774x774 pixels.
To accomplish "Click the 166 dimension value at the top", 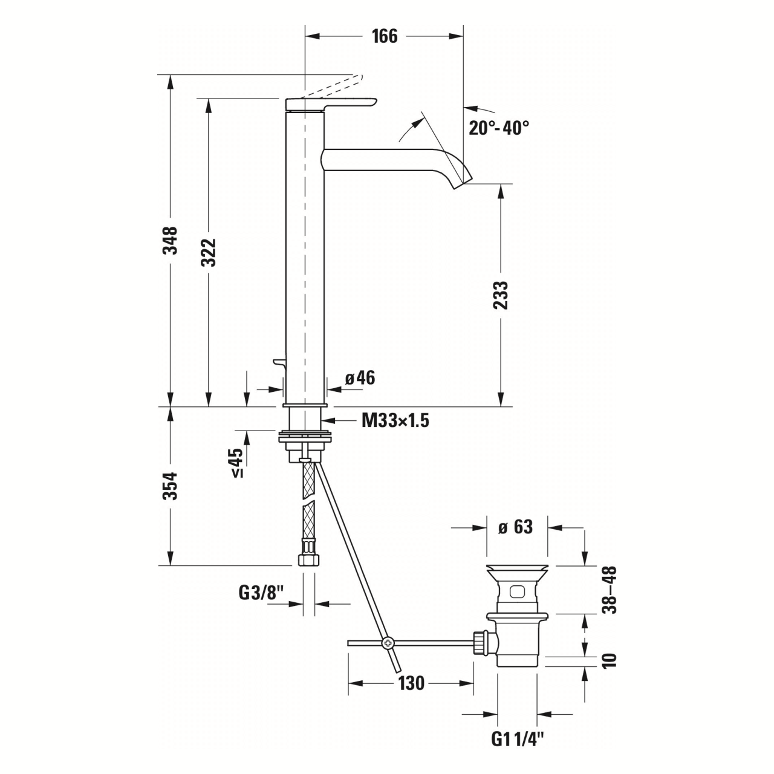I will click(385, 36).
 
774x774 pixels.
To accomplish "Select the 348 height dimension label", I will click(172, 240).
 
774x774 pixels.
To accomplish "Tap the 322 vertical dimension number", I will click(209, 252).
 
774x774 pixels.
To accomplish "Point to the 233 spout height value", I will click(501, 294).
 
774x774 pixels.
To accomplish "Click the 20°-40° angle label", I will click(499, 128).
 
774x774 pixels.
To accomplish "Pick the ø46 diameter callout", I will click(360, 379).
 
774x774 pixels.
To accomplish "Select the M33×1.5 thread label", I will click(395, 421).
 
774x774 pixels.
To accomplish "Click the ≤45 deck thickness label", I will click(236, 463).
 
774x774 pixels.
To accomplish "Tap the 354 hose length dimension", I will click(172, 486).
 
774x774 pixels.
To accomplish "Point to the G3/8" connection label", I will click(261, 594).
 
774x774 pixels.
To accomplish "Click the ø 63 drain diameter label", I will click(515, 527).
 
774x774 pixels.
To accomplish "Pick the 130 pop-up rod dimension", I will click(411, 684).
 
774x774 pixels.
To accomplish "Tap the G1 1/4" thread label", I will click(518, 739).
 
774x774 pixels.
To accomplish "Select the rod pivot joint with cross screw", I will click(388, 643).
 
